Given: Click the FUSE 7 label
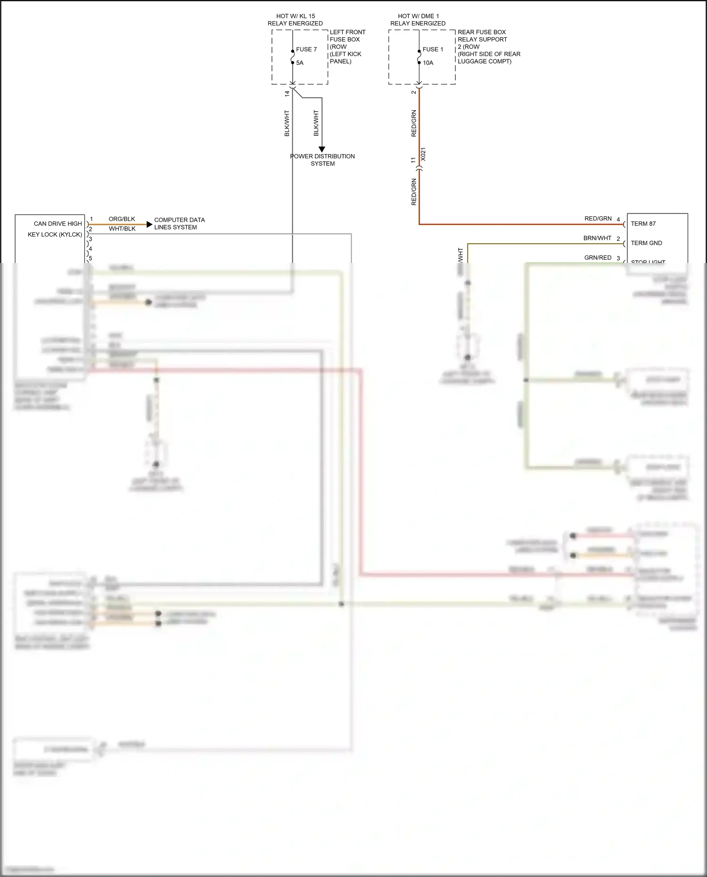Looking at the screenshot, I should pyautogui.click(x=306, y=49).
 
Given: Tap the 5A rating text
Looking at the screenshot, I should pyautogui.click(x=300, y=63).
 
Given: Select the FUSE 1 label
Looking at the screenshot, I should pyautogui.click(x=433, y=49).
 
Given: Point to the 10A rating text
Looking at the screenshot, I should pyautogui.click(x=427, y=63).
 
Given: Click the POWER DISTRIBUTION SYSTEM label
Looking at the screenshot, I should pyautogui.click(x=322, y=160).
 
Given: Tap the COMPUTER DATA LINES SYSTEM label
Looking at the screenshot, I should pyautogui.click(x=179, y=223).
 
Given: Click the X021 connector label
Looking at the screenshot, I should pyautogui.click(x=423, y=154).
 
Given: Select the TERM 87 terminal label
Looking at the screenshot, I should pyautogui.click(x=643, y=224).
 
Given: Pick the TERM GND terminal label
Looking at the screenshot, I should pyautogui.click(x=646, y=243).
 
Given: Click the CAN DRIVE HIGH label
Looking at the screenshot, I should pyautogui.click(x=58, y=224).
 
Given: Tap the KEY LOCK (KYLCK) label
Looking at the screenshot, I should pyautogui.click(x=55, y=235).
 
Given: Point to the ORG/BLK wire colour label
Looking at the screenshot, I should pyautogui.click(x=122, y=219).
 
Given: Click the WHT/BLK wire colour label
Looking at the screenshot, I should pyautogui.click(x=122, y=229).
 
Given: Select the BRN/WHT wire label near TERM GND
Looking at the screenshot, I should pyautogui.click(x=597, y=238).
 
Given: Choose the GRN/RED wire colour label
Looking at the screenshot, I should pyautogui.click(x=598, y=258).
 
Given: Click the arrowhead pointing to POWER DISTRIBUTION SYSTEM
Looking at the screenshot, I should pyautogui.click(x=322, y=149).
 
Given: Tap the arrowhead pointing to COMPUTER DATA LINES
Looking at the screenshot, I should pyautogui.click(x=149, y=225).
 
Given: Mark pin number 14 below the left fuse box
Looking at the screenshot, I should pyautogui.click(x=287, y=94).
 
